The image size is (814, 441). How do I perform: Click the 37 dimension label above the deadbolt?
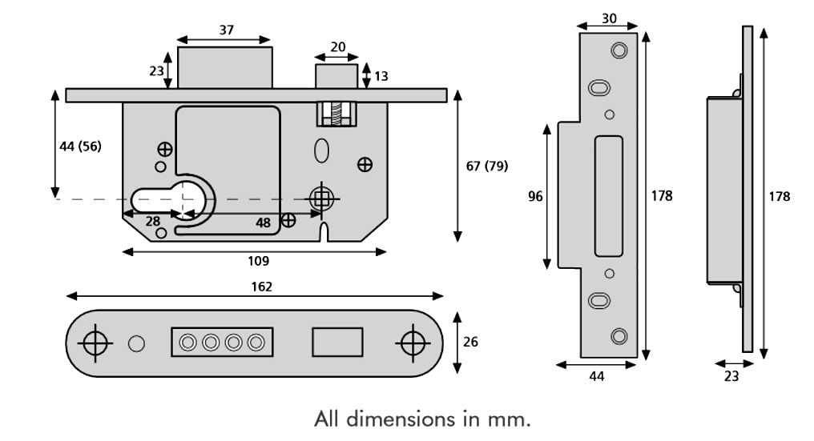click(227, 30)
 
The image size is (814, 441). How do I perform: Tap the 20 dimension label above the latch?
click(337, 47)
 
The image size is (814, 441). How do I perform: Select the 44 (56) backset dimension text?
click(80, 146)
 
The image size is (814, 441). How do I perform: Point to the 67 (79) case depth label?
click(487, 166)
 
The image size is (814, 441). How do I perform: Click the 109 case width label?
click(259, 261)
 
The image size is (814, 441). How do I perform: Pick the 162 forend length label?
click(262, 287)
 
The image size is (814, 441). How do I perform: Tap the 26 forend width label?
click(470, 342)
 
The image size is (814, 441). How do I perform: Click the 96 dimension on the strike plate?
click(535, 196)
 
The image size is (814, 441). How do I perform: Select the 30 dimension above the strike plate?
click(609, 18)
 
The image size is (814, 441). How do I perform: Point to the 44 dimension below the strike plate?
click(597, 376)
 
